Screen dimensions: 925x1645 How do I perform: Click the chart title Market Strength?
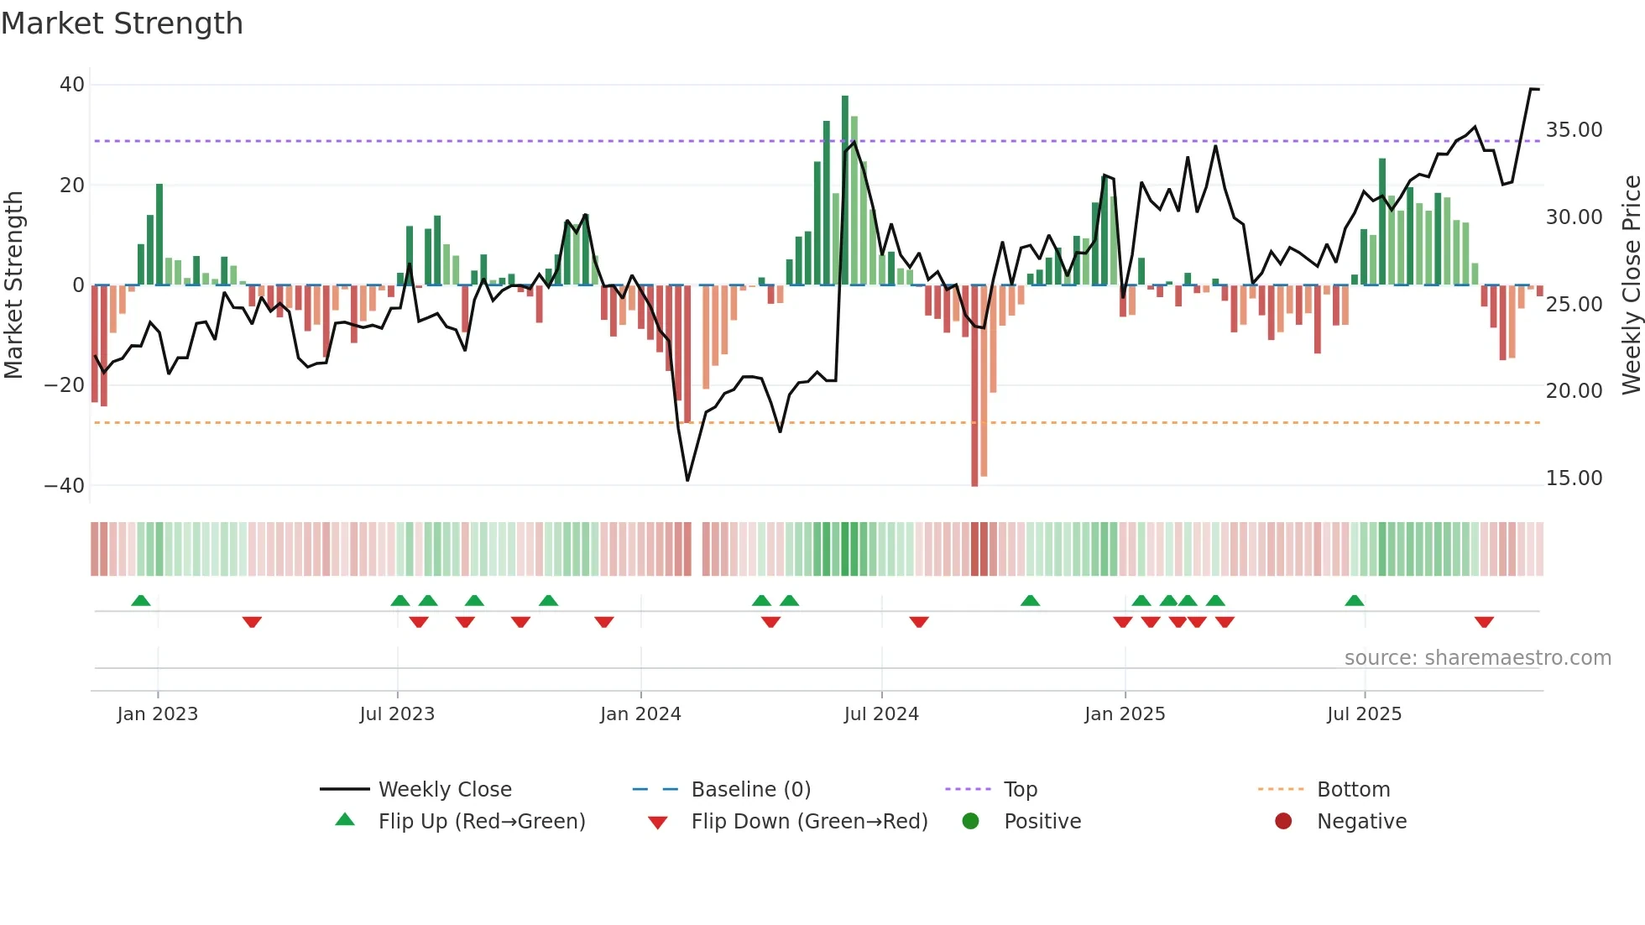point(122,24)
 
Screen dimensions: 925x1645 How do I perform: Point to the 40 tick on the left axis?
point(72,85)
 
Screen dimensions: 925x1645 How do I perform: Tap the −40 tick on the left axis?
point(65,486)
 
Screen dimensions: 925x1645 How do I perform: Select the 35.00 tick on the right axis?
point(1574,130)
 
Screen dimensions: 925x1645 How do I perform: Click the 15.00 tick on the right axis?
point(1574,478)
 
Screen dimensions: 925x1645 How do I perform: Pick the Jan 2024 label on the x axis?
point(640,714)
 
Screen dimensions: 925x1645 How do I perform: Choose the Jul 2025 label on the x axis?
point(1364,714)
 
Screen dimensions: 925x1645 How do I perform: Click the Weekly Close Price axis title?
point(1631,285)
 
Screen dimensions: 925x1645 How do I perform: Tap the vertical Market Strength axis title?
point(13,285)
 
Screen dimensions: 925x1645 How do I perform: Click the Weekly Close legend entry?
point(444,790)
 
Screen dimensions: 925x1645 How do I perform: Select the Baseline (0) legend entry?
point(750,790)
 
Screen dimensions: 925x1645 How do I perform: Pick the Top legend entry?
point(1020,790)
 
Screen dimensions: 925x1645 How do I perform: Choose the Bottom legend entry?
point(1353,790)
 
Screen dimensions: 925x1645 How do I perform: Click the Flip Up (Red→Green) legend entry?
point(481,822)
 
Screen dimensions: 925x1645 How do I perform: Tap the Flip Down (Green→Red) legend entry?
point(809,822)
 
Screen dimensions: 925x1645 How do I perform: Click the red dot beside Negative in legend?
point(1282,822)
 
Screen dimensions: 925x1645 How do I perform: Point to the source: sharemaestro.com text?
point(1477,658)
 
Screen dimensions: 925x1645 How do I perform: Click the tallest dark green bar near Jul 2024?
point(845,190)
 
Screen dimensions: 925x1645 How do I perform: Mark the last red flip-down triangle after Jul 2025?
point(1484,622)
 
